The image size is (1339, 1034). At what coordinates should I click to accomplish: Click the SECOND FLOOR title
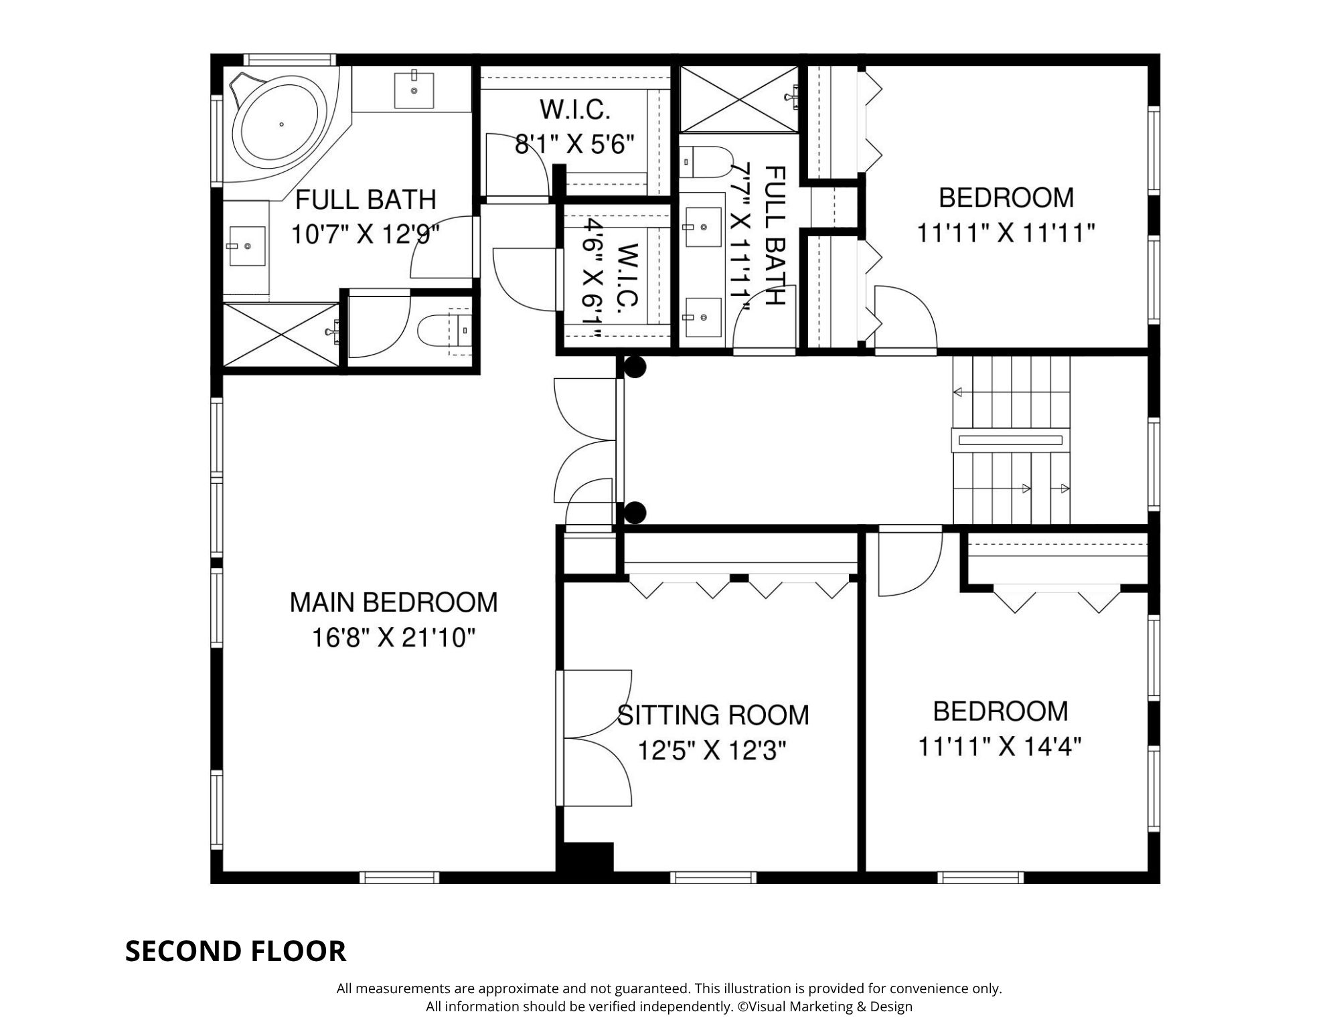tap(236, 951)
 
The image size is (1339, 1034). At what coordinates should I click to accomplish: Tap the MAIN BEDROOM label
tap(394, 602)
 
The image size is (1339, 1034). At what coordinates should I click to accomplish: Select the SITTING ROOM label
tap(713, 715)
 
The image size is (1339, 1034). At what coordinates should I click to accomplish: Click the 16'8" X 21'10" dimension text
tap(394, 638)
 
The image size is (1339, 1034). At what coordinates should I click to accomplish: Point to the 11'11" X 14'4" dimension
tap(1000, 746)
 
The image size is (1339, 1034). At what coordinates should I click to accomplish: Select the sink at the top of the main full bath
tap(414, 89)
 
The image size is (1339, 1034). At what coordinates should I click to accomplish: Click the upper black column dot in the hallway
tap(635, 367)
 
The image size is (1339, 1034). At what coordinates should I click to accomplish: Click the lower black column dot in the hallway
tap(635, 513)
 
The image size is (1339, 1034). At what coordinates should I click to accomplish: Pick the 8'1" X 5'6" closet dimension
tap(574, 144)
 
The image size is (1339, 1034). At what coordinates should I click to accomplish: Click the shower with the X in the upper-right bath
tap(739, 100)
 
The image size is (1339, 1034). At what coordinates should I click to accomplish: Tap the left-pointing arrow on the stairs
tap(958, 392)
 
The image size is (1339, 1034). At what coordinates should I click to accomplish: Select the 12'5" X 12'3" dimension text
tap(711, 752)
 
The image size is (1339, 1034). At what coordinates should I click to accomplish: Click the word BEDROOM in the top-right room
tap(1006, 198)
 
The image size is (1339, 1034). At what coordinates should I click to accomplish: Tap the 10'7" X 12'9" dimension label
tap(366, 235)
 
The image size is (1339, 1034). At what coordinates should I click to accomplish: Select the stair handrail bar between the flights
tap(1010, 440)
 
